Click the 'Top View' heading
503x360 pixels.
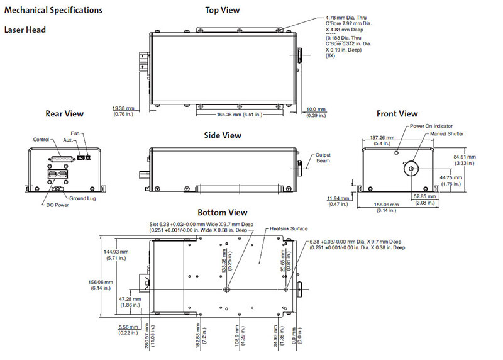[222, 10]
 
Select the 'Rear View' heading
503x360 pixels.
[64, 114]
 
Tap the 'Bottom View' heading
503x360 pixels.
[222, 213]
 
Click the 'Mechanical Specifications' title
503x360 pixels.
[53, 11]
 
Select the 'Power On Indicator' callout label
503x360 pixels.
[431, 126]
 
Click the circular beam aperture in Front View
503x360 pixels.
[409, 169]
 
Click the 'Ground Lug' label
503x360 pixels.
[82, 198]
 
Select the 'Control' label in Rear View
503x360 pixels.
[41, 139]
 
